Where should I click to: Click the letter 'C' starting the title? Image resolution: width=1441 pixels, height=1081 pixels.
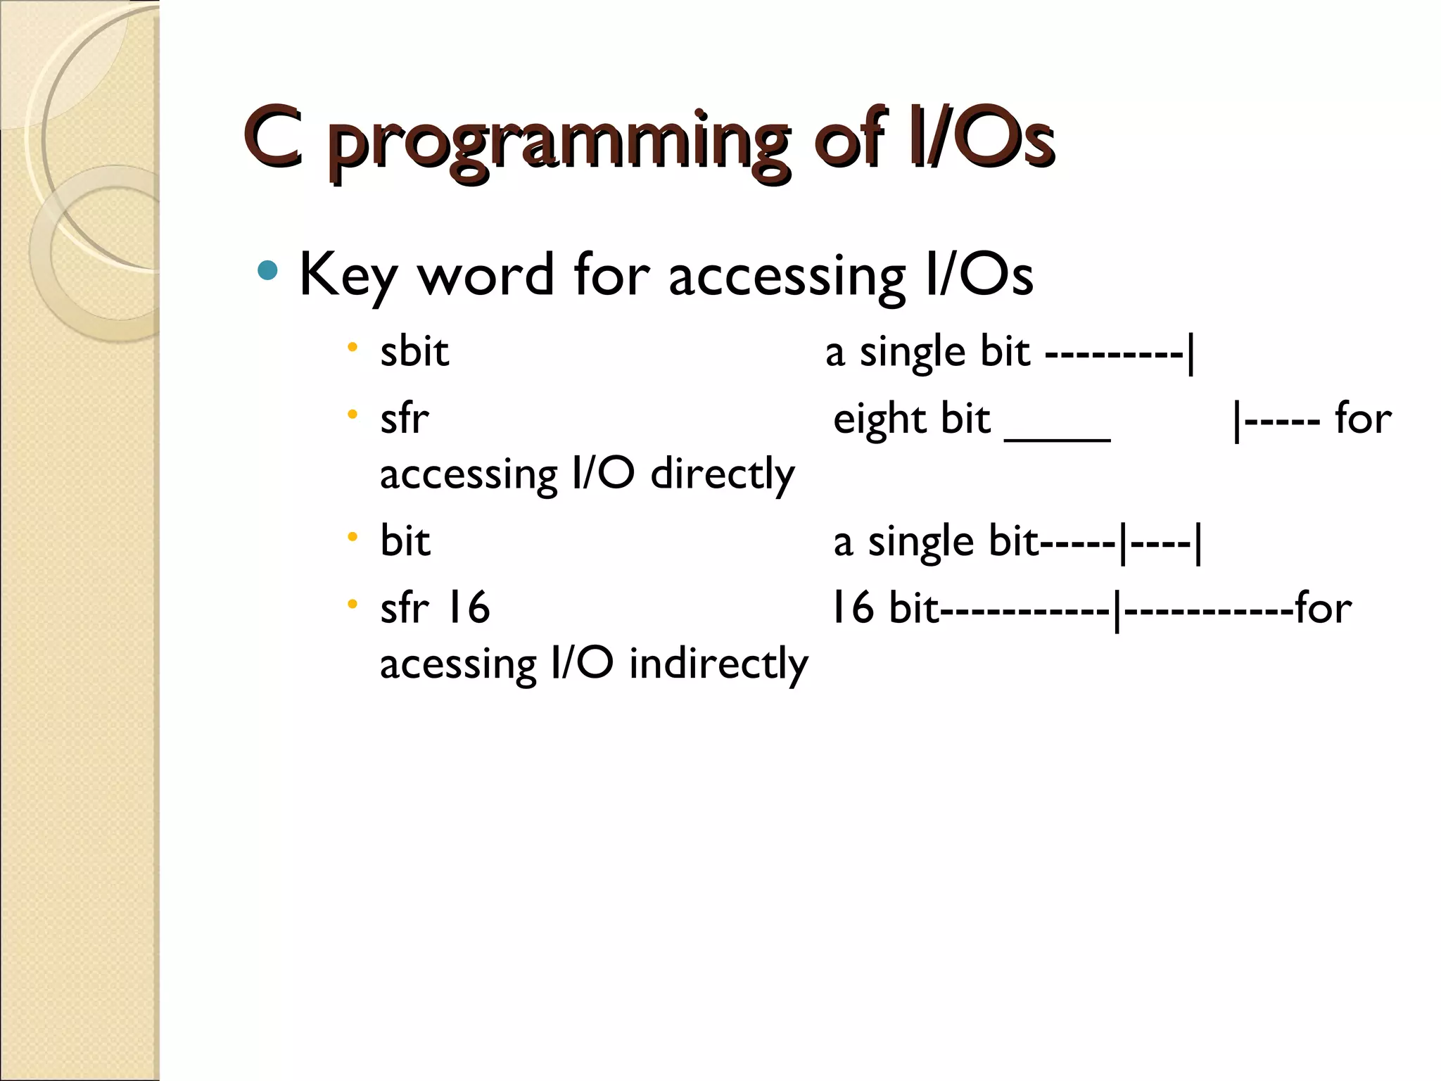click(x=274, y=137)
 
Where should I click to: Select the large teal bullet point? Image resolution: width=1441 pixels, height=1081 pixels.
click(x=267, y=270)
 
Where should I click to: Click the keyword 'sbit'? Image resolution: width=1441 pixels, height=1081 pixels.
click(x=414, y=351)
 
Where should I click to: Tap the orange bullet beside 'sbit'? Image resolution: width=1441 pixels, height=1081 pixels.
click(x=353, y=347)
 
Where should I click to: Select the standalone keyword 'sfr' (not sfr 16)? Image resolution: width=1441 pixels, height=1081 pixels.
click(x=404, y=419)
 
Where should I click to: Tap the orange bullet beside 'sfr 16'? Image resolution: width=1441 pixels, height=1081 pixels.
click(x=353, y=603)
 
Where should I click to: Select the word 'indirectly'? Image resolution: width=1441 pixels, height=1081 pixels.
click(x=718, y=664)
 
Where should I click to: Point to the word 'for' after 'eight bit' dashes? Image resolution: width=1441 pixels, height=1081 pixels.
click(x=1363, y=419)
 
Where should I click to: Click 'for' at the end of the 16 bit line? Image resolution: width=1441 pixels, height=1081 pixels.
click(x=1323, y=607)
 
